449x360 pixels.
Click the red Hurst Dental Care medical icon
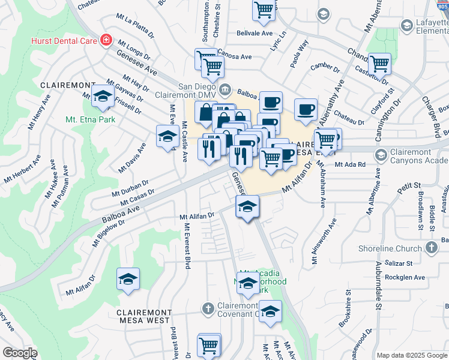tap(106, 40)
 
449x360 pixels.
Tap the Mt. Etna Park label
tap(90, 119)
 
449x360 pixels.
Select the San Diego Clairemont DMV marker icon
tap(225, 90)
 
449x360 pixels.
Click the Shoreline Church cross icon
tap(431, 247)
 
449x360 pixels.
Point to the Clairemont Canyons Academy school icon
tap(381, 155)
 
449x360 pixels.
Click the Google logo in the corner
tap(19, 353)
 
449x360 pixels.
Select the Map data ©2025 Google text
tap(412, 355)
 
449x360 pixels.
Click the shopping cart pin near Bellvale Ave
tap(264, 10)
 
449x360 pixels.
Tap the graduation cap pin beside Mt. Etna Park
tap(103, 97)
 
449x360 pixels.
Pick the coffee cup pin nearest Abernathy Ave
tap(306, 109)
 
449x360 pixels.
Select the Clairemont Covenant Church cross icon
tap(208, 308)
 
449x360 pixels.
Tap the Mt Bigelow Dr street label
tap(108, 233)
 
